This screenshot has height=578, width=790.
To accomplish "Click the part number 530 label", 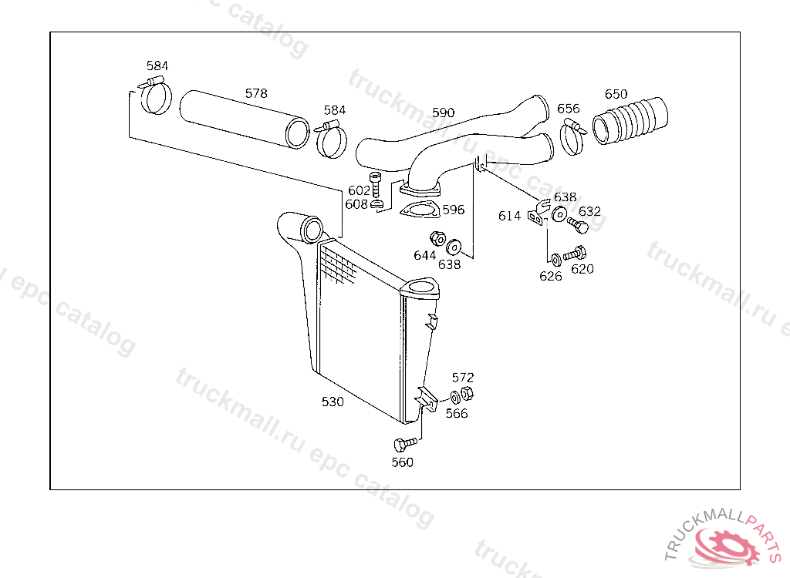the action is coord(333,402).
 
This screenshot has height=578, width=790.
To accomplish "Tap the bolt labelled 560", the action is coord(405,444).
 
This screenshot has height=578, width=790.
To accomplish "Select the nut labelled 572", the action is coord(467,394).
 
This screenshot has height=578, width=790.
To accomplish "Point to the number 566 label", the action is coord(457,413).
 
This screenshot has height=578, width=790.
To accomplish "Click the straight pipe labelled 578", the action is coord(245,119).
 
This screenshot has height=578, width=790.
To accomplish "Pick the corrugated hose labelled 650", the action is coord(630,121).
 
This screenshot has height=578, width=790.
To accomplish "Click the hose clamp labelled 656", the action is coord(572,136).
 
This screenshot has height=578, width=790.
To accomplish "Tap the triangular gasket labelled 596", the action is coord(420,210).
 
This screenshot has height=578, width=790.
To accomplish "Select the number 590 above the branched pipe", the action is coord(444,113).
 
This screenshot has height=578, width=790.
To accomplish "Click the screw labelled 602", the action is coord(375,184).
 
